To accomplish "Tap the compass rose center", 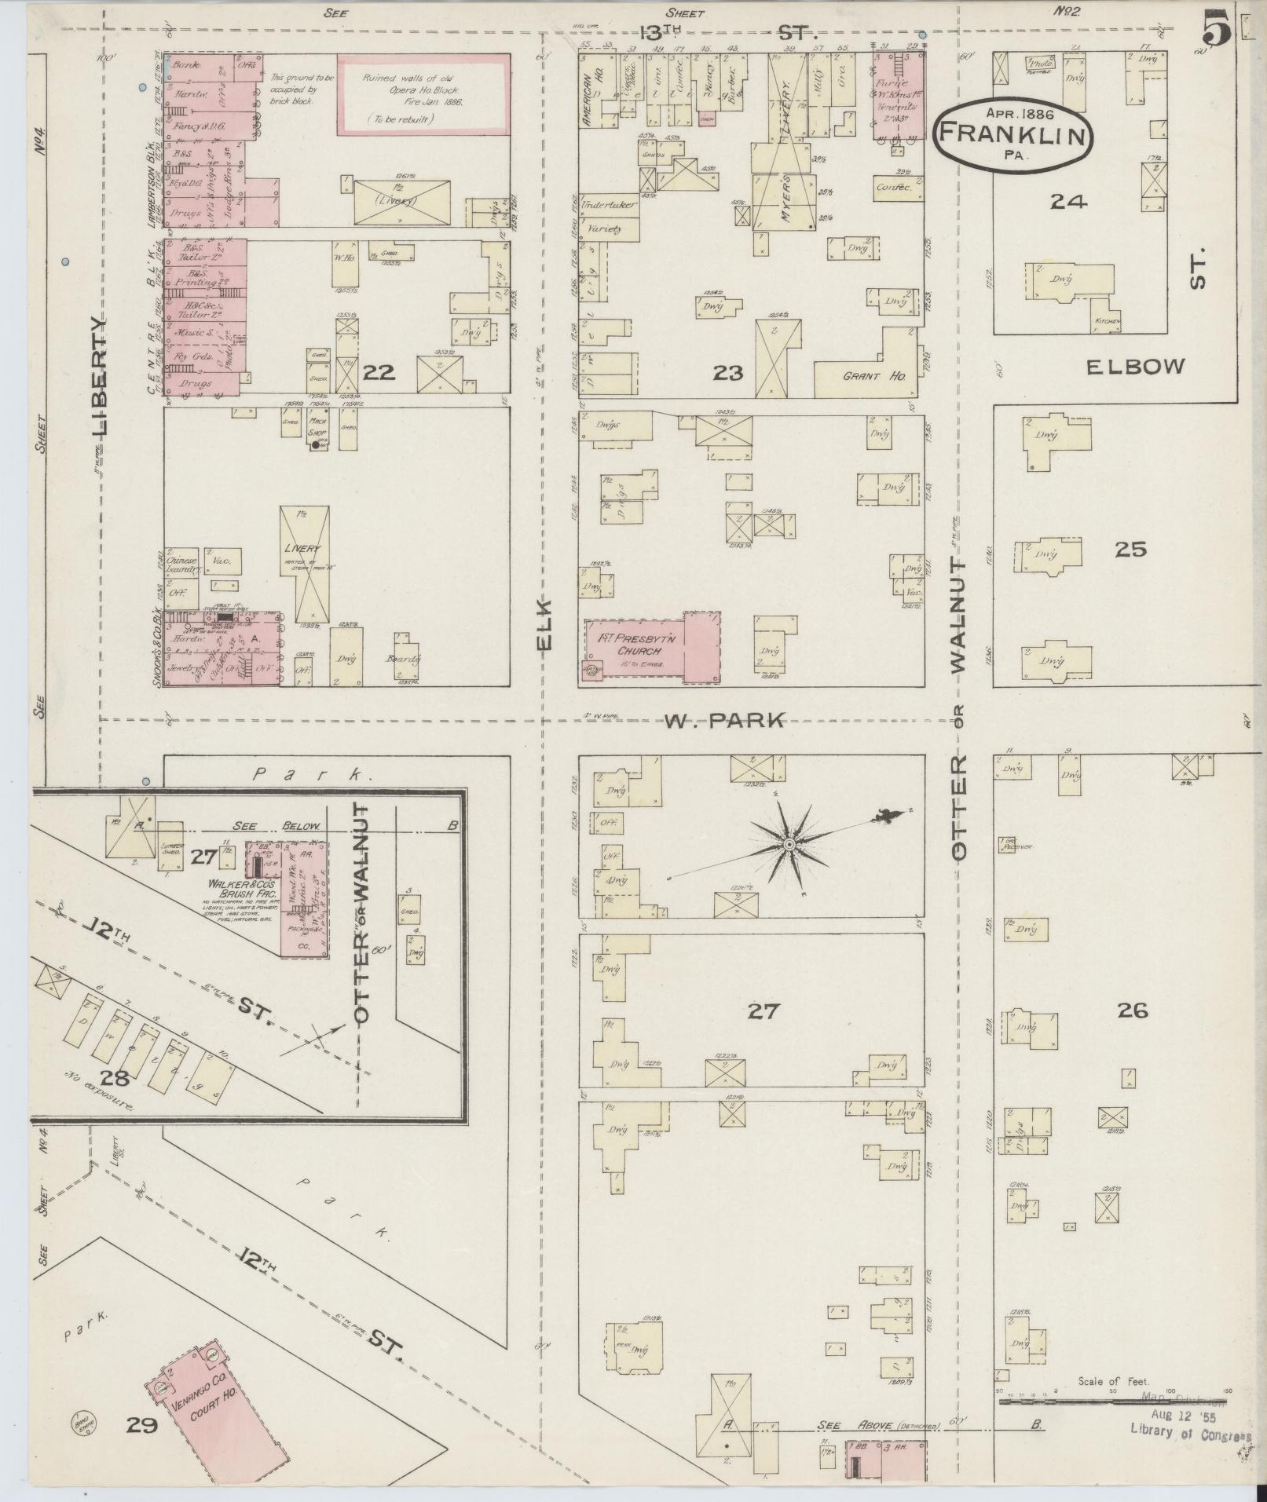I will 789,843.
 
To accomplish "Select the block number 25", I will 1130,550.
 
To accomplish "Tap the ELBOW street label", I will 1135,366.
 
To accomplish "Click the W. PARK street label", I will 724,720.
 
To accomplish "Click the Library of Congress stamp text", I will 1189,1432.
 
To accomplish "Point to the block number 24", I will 1068,202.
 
